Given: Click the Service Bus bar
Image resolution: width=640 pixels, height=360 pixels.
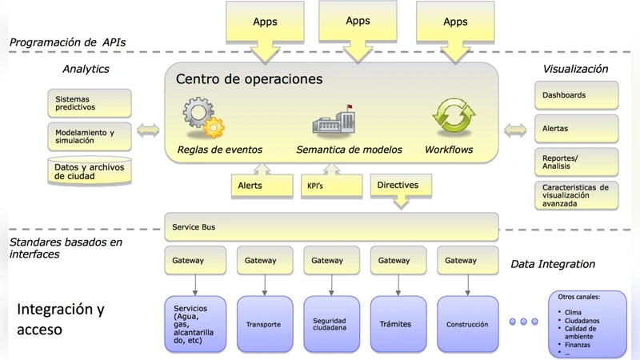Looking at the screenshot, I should pos(331,227).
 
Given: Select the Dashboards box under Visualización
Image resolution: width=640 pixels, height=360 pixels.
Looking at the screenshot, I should pos(576,95).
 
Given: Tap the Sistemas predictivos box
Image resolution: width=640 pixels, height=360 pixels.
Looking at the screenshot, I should pos(89,104).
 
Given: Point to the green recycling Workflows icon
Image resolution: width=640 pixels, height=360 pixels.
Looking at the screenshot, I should pos(454,118).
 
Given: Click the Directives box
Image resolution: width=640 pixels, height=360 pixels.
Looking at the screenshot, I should pos(400,186).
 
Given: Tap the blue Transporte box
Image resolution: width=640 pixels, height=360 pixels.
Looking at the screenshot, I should pos(265,324).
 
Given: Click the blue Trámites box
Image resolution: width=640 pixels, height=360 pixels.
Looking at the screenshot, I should pos(398,324).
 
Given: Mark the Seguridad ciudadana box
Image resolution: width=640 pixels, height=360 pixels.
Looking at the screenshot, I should pos(331,324).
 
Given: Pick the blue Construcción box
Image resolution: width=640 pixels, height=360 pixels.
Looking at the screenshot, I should pos(467,324).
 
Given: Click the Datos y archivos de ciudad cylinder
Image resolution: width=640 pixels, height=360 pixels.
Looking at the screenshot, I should pos(89,171).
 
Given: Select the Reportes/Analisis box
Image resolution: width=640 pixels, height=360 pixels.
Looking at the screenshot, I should pos(576,162).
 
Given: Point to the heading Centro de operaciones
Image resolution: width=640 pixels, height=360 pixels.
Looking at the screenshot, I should pos(249,79).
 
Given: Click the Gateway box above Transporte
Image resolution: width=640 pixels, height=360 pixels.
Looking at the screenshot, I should pos(261,261).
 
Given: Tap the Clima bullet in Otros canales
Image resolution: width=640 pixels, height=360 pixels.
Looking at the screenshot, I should pos(572,313).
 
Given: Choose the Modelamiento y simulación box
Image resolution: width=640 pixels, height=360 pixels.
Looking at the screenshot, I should pos(89,137).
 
